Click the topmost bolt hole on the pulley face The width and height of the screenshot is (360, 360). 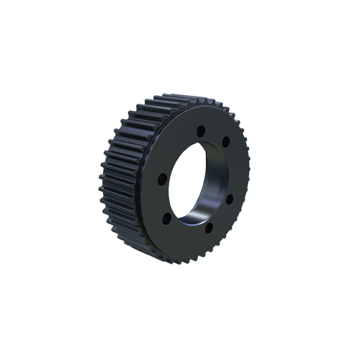click(201, 132)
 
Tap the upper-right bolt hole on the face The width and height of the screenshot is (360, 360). click(225, 142)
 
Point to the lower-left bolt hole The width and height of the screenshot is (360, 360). click(166, 217)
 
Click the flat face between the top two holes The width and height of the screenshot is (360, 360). click(214, 135)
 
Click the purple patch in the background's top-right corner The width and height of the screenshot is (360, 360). click(238, 104)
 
